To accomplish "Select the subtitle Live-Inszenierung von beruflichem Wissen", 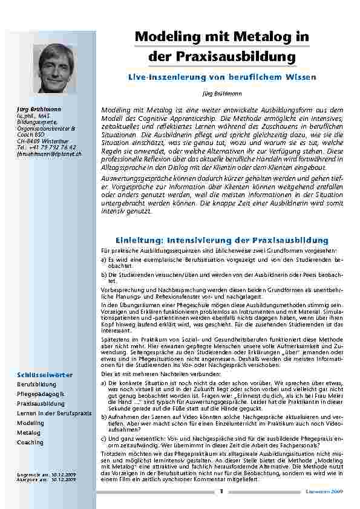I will click(221, 78).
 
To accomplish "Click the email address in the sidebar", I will click(50, 154).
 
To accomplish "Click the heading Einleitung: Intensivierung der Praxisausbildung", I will click(221, 240).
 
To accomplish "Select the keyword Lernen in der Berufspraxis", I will click(54, 413).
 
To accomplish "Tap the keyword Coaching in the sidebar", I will click(30, 443).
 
